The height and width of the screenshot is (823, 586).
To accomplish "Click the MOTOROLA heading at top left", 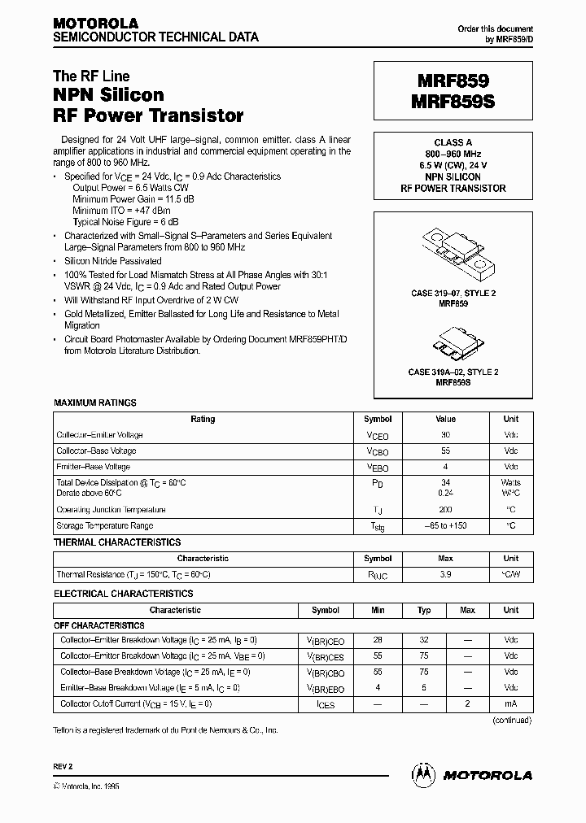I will tap(95, 23).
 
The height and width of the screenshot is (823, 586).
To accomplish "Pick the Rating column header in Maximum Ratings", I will tap(203, 420).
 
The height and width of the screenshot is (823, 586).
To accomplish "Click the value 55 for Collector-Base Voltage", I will tap(445, 451).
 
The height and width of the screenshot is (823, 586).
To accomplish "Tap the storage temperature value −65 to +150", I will tap(445, 526).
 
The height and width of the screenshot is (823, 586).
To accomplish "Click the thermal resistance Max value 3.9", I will tap(445, 574).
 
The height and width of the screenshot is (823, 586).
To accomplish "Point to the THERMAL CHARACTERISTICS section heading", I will tap(117, 542).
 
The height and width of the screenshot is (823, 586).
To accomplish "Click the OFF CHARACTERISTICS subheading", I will tap(98, 625).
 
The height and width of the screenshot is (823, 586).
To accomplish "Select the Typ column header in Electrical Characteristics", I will tap(424, 610).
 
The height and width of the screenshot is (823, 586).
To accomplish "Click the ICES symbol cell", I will tap(326, 704).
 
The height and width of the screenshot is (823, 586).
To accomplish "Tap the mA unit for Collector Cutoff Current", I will tap(510, 704).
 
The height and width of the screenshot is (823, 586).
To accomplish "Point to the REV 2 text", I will tap(63, 767).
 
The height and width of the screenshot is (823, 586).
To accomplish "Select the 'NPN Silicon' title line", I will tap(109, 96).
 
